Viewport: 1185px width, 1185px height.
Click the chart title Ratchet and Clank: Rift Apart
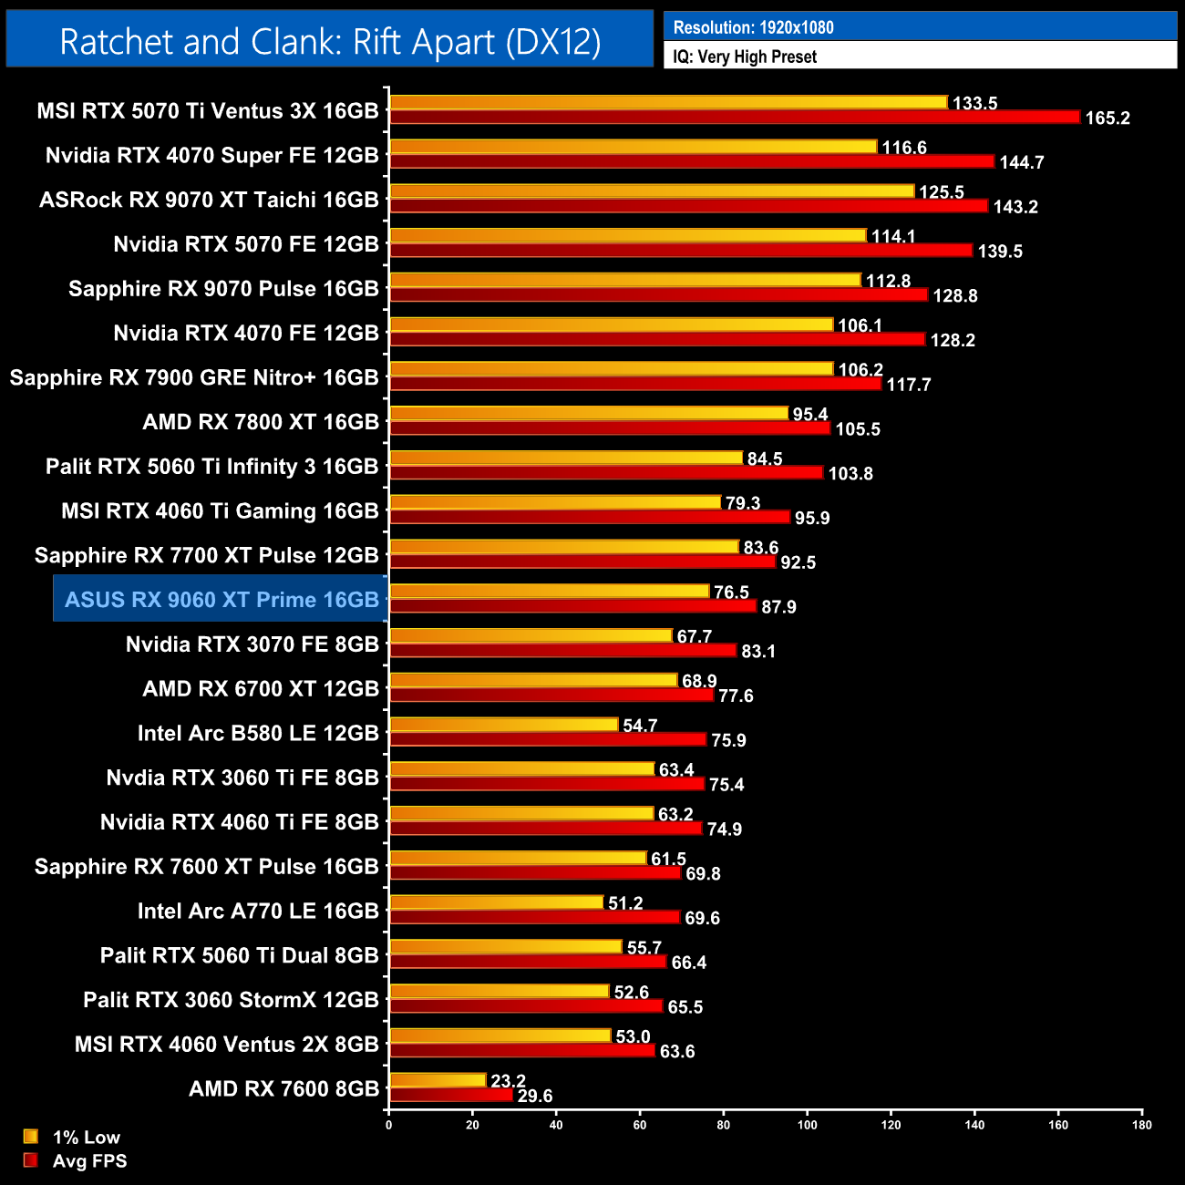[330, 42]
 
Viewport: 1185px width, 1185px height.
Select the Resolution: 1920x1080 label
[754, 27]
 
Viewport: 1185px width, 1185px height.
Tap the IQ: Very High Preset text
[745, 57]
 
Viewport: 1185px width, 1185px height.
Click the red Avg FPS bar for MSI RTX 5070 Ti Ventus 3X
[734, 117]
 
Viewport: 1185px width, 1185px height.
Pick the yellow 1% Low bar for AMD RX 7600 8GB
[438, 1080]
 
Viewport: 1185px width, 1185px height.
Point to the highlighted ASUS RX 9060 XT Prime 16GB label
[222, 600]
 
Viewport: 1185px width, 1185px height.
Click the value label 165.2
[1108, 118]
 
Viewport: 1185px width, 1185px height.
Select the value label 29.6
[535, 1096]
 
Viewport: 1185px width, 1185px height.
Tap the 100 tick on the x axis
[808, 1125]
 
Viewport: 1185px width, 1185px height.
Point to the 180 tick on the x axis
[1142, 1125]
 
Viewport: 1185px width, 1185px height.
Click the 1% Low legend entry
[86, 1137]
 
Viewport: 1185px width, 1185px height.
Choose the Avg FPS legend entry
[89, 1160]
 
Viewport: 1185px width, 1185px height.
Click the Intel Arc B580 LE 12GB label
[258, 733]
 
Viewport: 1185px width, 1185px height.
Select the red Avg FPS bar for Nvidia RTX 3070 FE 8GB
[562, 650]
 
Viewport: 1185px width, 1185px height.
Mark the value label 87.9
[779, 606]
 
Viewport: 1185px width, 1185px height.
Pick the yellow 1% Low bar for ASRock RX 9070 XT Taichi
[652, 191]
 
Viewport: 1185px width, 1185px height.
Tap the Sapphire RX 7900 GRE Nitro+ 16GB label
[194, 377]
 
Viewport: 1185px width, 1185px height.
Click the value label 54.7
[640, 726]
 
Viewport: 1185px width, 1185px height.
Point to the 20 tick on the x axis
[473, 1125]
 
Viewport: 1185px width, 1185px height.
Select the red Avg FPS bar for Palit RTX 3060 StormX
[526, 1006]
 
